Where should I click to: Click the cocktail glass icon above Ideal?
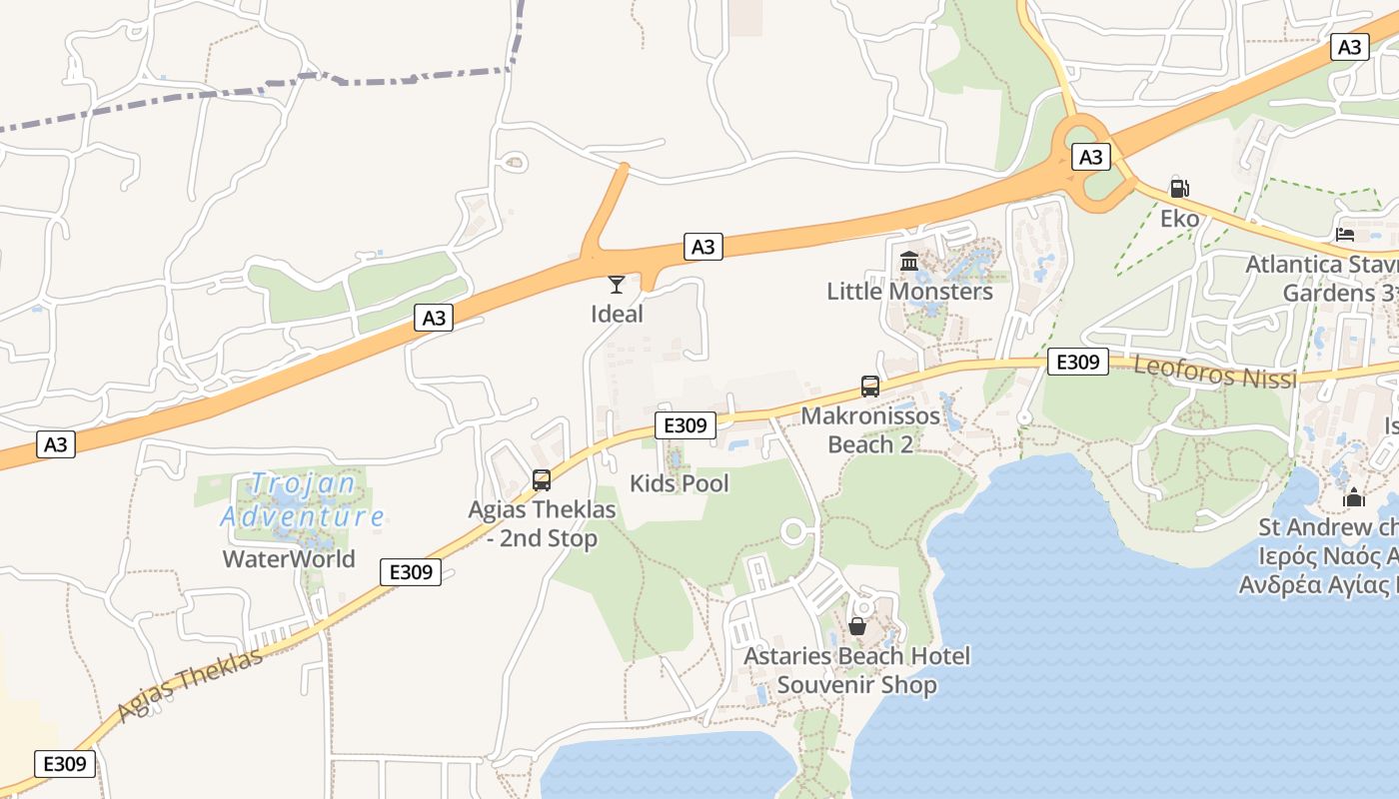point(617,285)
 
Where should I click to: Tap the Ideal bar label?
point(617,314)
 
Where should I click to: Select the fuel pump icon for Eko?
point(1179,188)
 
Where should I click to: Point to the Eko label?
point(1179,218)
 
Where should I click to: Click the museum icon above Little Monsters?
point(909,262)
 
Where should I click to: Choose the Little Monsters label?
point(909,292)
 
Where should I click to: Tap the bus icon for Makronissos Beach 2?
point(870,387)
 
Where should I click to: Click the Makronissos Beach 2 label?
point(870,430)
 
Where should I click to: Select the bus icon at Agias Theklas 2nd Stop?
point(542,480)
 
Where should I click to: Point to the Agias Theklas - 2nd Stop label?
point(543,524)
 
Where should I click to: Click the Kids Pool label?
point(680,483)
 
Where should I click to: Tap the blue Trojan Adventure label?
point(302,500)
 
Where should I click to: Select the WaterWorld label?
point(289,558)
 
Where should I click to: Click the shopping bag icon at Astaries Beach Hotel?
point(857,626)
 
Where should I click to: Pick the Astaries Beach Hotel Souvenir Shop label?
point(857,671)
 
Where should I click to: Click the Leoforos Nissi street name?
point(1215,373)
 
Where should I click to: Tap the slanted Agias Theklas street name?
point(190,684)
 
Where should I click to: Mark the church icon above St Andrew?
point(1354,497)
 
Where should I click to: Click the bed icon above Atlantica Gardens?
point(1345,235)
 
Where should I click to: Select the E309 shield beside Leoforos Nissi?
point(1077,362)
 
